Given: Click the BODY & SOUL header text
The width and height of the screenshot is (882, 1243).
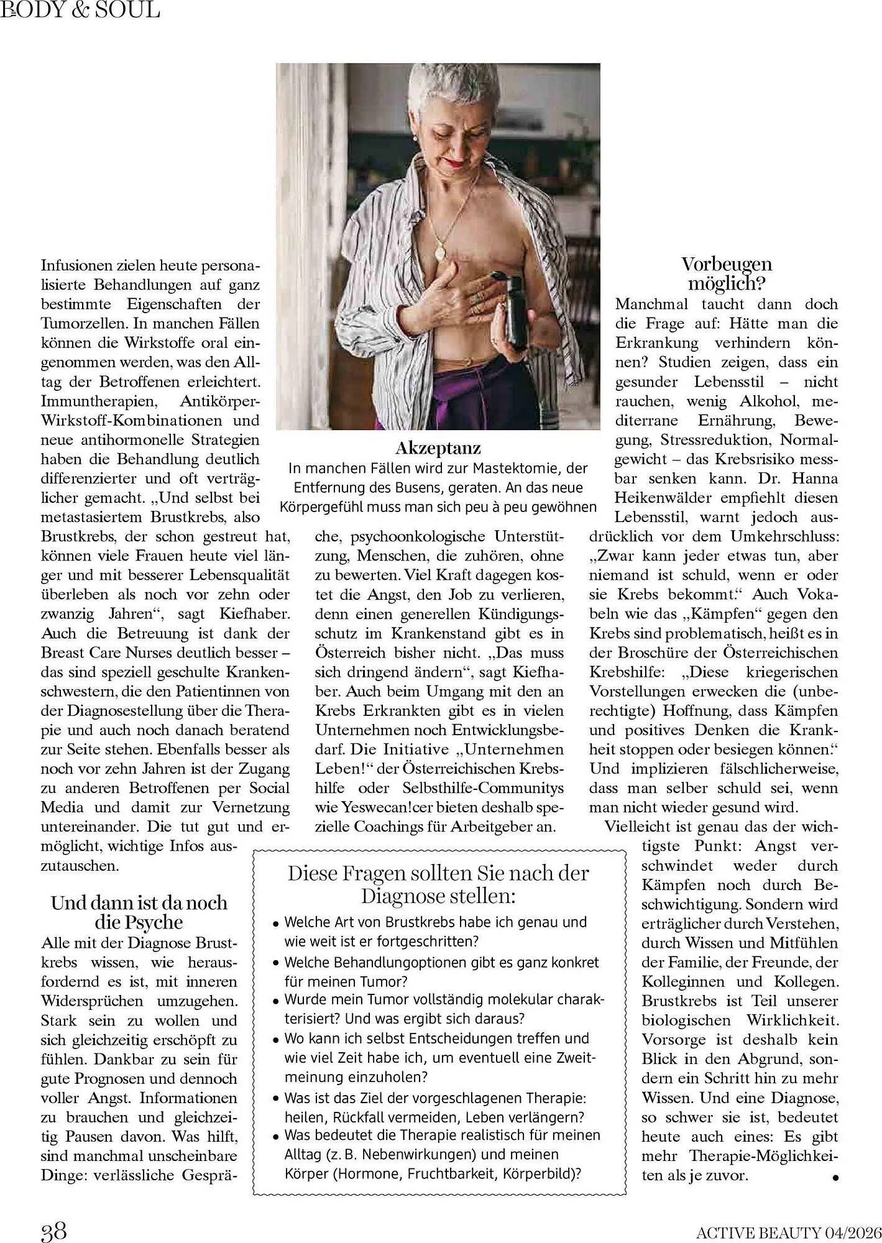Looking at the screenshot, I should tap(81, 10).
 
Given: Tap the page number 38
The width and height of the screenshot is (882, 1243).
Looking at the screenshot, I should tap(53, 1229).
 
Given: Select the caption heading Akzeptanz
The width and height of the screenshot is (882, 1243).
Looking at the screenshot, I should tap(438, 447).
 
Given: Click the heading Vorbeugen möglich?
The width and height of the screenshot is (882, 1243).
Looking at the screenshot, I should tap(726, 273).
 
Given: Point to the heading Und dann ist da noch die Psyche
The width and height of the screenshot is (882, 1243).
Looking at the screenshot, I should tap(139, 912).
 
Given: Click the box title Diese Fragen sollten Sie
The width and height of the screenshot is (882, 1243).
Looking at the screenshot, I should tap(438, 884).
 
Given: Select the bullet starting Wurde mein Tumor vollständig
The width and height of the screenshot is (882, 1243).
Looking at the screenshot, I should tap(435, 1009).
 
